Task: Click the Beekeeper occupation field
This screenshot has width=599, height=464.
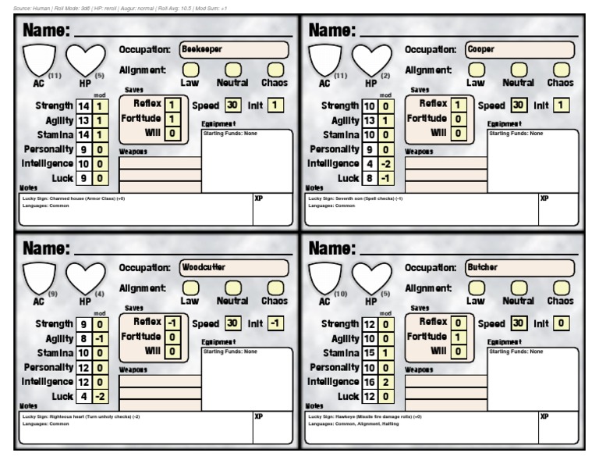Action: pyautogui.click(x=233, y=48)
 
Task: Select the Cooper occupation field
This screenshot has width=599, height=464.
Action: pyautogui.click(x=519, y=48)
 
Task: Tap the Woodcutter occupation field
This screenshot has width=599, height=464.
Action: pyautogui.click(x=233, y=267)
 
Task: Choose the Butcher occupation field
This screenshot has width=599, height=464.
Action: pyautogui.click(x=519, y=267)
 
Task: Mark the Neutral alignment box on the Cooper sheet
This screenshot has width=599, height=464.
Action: pyautogui.click(x=518, y=70)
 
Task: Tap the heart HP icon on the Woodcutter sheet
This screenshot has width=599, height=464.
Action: pyautogui.click(x=84, y=277)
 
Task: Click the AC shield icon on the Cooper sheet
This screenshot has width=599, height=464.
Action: pyautogui.click(x=324, y=59)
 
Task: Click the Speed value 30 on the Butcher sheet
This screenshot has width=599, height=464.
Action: pyautogui.click(x=519, y=323)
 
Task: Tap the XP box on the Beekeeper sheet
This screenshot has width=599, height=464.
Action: pyautogui.click(x=272, y=207)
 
